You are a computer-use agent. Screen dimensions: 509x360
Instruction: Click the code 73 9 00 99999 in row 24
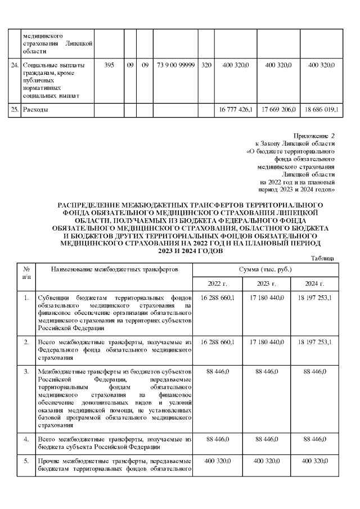177,66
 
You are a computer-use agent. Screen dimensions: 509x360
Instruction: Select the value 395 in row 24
109,66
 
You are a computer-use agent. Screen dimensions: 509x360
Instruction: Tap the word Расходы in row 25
35,109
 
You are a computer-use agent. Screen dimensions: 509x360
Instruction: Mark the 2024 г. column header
314,283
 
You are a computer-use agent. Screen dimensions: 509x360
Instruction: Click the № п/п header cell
26,273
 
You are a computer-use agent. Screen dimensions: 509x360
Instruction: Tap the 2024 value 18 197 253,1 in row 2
314,341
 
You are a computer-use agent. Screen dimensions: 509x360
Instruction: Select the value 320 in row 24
206,66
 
